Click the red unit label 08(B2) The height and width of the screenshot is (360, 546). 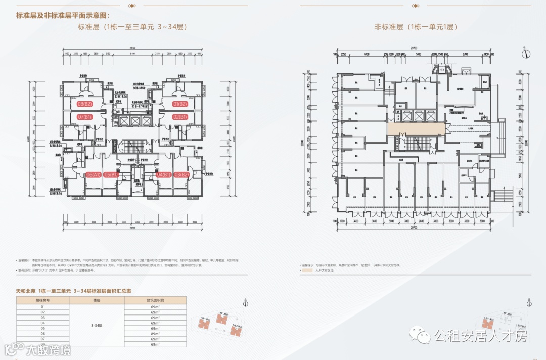(x=84, y=104)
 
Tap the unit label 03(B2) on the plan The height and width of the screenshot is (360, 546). (x=180, y=175)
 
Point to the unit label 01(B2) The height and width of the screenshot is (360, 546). (x=180, y=104)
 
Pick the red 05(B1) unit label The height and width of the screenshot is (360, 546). (x=110, y=175)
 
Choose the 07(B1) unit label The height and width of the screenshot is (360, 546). (x=84, y=117)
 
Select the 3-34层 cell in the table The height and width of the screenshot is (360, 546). (x=96, y=325)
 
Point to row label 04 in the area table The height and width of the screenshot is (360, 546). (x=42, y=323)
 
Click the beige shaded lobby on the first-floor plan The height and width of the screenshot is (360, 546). (x=417, y=129)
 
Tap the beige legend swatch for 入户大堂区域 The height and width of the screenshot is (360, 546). (x=306, y=271)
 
